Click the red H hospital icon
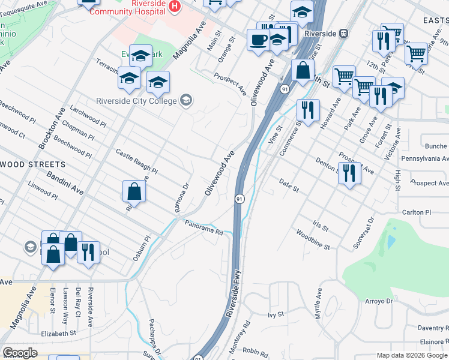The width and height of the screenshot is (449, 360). click(175, 6)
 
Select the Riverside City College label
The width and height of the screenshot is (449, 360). click(137, 100)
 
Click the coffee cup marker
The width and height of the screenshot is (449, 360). click(259, 41)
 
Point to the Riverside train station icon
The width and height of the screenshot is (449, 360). click(344, 34)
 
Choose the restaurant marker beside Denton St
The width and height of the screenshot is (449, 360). click(350, 173)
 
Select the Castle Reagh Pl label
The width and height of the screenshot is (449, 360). click(136, 161)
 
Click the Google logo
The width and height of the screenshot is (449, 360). click(20, 353)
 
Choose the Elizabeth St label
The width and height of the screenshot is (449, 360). click(59, 333)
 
